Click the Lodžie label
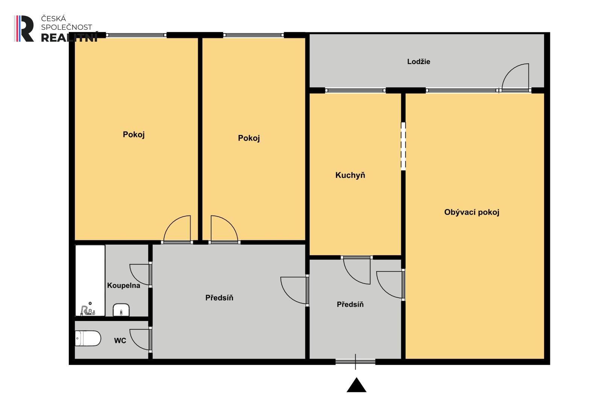[418, 62]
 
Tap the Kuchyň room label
[350, 175]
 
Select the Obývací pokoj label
[472, 212]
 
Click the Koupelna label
[123, 286]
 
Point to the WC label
[120, 341]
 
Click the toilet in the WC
[88, 338]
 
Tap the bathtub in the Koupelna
[90, 281]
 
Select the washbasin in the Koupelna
[121, 310]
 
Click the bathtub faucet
[88, 310]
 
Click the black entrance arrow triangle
[356, 385]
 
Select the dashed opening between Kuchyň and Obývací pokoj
[403, 146]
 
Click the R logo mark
[24, 29]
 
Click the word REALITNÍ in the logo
[69, 38]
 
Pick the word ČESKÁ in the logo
[53, 19]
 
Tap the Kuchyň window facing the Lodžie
[355, 90]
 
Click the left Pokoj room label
[133, 134]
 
